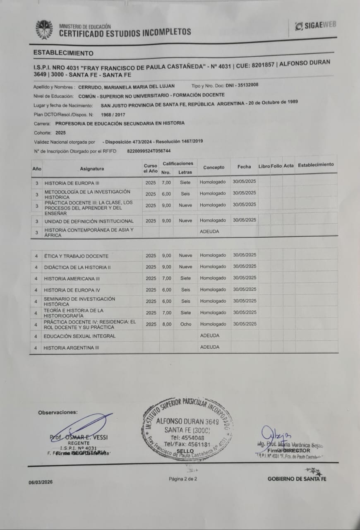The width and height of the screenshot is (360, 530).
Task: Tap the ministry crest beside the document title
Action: pos(44,29)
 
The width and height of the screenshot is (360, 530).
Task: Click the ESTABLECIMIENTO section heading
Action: pos(63,53)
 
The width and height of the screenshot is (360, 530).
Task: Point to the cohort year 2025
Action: pos(60,133)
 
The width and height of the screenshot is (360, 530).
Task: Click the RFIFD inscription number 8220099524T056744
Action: pos(149,151)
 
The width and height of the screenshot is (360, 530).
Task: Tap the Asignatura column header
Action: pos(92,169)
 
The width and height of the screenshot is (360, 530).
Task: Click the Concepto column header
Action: pos(214,167)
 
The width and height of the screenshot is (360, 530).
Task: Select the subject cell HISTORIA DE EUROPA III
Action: pos(72,183)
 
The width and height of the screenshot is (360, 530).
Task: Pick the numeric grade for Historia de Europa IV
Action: pos(166,290)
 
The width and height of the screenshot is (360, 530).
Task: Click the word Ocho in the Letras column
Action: pos(186,324)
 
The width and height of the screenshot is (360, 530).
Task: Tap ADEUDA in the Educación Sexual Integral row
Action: pos(210,336)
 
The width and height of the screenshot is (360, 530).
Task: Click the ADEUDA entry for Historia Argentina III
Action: pos(210,347)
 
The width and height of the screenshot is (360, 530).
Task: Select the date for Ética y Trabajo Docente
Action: pos(245,255)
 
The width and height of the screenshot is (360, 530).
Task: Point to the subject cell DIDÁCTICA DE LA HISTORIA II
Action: pos(77,267)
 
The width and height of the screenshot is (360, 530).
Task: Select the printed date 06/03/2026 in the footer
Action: pos(41,482)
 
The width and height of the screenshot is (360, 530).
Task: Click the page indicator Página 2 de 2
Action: pos(183,479)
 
